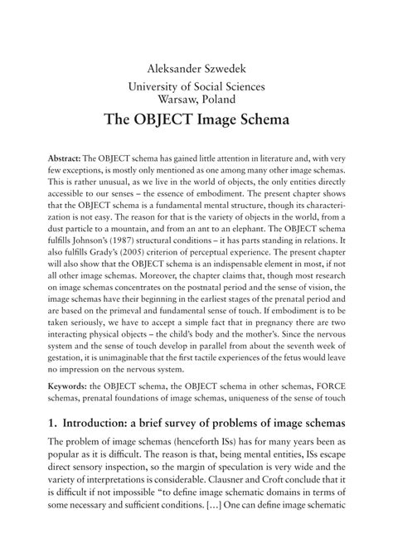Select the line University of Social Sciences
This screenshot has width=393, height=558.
(x=196, y=85)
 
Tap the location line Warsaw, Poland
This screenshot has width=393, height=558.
(x=196, y=98)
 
